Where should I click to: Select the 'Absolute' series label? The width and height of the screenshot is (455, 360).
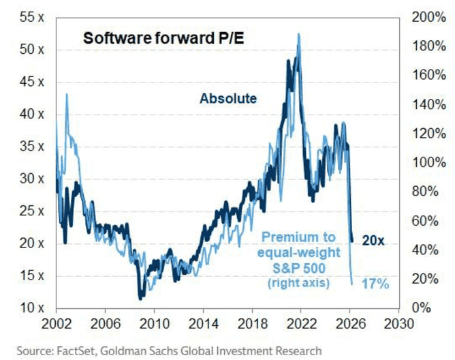227,99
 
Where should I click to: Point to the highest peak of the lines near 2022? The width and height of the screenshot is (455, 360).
298,34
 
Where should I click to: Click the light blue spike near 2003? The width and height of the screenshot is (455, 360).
67,95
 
